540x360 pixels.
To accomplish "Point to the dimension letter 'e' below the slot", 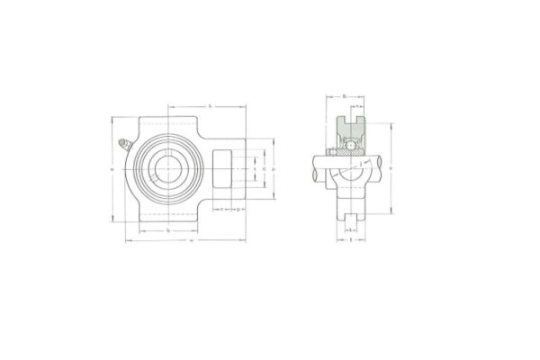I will pos(221,210).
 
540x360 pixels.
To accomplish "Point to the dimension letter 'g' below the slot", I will pos(238,210).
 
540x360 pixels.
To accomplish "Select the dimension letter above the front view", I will pos(209,107).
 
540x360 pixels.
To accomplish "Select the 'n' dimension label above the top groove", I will pos(356,105).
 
